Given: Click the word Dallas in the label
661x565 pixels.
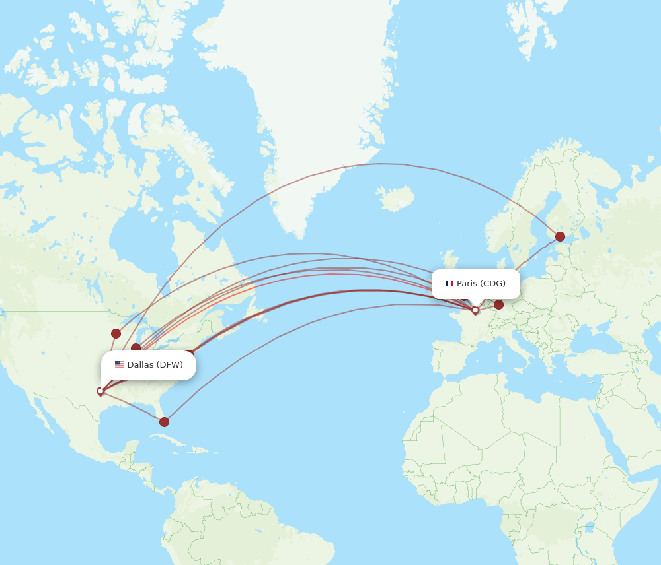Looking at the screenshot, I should click(140, 365).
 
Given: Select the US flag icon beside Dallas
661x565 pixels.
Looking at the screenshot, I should click(119, 364).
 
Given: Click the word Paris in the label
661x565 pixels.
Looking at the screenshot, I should click(467, 284).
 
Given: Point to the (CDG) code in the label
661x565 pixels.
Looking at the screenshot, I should click(493, 284).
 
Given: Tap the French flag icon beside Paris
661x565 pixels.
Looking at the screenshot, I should click(449, 284).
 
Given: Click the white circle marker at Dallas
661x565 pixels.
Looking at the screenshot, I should click(100, 391).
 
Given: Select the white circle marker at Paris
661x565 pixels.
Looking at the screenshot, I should click(475, 310).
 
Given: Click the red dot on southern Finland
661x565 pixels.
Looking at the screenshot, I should click(560, 236).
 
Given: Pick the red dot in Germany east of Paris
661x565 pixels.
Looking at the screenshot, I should click(498, 304).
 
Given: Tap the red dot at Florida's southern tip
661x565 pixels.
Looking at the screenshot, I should click(164, 422).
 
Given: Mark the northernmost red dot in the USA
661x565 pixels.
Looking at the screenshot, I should click(116, 333).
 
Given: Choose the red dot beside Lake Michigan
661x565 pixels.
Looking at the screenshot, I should click(136, 348).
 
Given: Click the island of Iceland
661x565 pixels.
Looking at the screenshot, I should click(395, 197).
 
